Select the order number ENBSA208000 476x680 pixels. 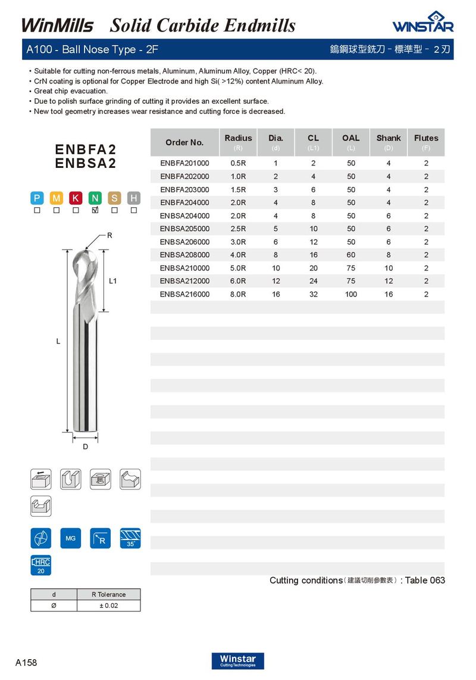pos(184,255)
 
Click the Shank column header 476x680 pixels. pos(389,138)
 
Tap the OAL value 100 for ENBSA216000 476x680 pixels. pos(351,294)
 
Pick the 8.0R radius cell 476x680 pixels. pos(238,294)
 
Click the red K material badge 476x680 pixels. pos(76,198)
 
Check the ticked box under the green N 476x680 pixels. pos(95,210)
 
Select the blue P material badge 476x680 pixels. pos(37,198)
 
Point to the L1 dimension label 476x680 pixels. pos(112,281)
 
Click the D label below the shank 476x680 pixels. pos(86,447)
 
